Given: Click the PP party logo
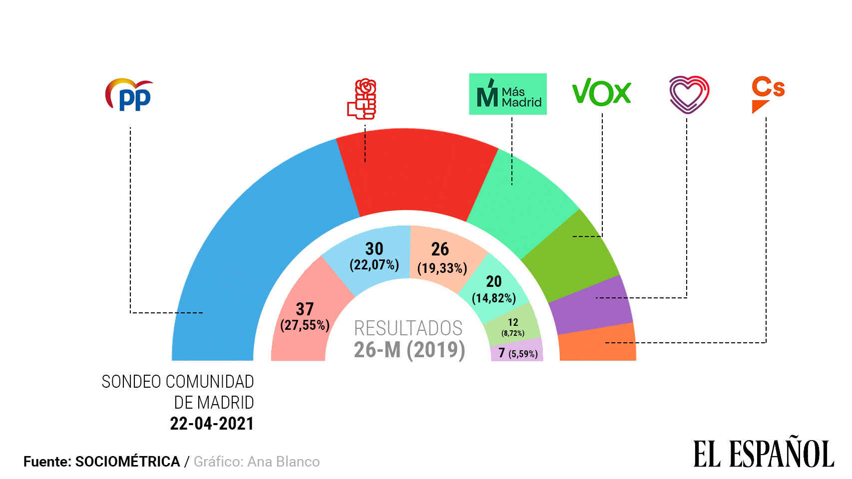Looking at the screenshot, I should pos(129,95).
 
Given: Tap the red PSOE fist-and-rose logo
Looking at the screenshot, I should pos(362,99).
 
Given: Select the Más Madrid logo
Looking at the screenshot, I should pos(507,94).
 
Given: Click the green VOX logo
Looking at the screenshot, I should pos(601,92).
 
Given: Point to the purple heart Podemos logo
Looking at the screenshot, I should pos(689,94).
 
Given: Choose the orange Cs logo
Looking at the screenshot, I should pos(768,94).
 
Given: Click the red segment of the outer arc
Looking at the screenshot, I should pos(415,170).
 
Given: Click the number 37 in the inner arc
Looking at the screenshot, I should pos(305,309).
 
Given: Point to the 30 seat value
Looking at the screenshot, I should pos(374,248).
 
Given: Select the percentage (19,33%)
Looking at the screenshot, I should pos(442,268).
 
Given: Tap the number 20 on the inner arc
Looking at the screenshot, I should pos(494,281).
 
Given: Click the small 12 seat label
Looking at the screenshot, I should pos(513,322).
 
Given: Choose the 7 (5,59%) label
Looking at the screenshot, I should pos(518,353).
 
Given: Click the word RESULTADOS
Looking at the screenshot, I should pos(408,328).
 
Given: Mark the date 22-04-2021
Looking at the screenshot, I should pos(212,424).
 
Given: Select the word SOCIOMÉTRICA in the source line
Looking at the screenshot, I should pos(127,462).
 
